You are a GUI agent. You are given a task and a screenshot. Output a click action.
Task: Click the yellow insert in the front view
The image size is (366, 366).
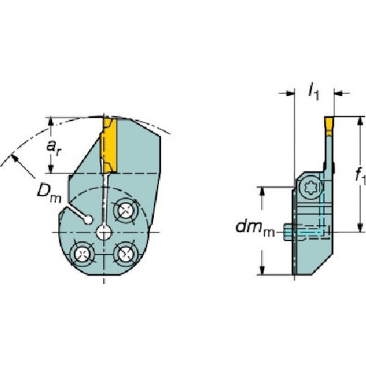tap(109, 146)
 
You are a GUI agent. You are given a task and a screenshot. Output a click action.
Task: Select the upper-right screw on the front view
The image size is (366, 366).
tap(125, 210)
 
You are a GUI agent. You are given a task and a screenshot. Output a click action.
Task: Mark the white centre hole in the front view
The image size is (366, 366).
tap(104, 232)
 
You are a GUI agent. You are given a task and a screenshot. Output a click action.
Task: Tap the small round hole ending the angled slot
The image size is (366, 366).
tap(89, 220)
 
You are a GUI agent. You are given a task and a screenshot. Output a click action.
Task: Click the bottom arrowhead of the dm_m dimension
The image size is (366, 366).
tap(263, 271)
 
